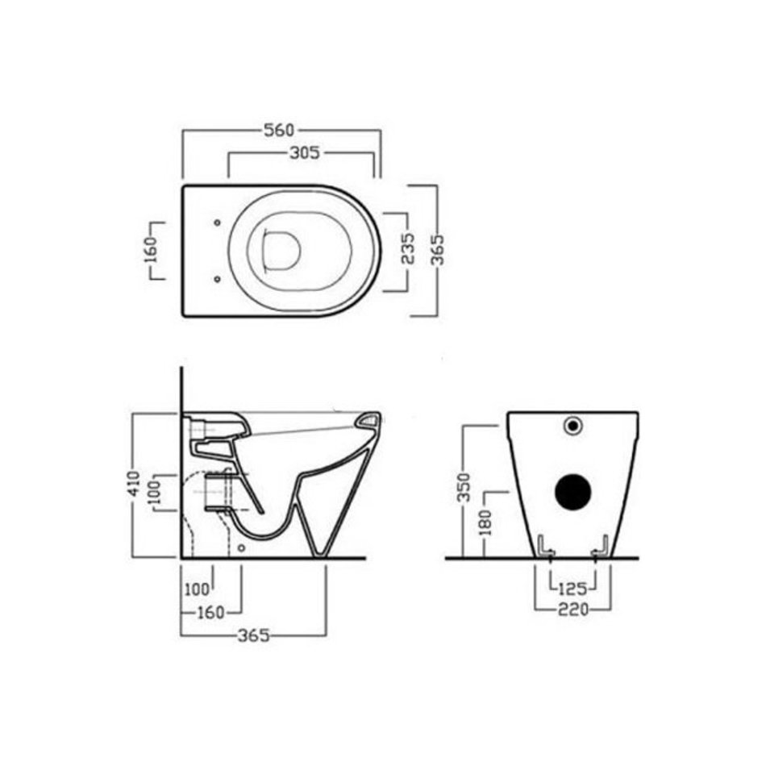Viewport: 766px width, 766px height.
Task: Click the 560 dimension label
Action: pyautogui.click(x=280, y=130)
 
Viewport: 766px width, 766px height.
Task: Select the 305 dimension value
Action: pyautogui.click(x=304, y=153)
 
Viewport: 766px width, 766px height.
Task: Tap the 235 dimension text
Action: pyautogui.click(x=407, y=248)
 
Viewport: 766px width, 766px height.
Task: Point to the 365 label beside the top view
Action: pyautogui.click(x=438, y=250)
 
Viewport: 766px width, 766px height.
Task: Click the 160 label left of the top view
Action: pyautogui.click(x=153, y=250)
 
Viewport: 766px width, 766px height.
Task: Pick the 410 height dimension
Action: pyautogui.click(x=135, y=484)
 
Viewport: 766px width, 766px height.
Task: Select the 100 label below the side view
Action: pyautogui.click(x=197, y=589)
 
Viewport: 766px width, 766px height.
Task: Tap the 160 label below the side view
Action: pyautogui.click(x=210, y=612)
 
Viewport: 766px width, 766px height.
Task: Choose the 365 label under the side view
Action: pyautogui.click(x=253, y=635)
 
